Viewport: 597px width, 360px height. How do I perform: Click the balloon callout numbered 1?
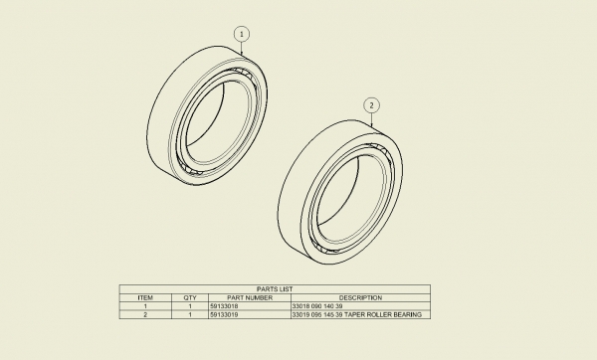click(241, 34)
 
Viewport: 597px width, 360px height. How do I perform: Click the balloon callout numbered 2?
click(371, 104)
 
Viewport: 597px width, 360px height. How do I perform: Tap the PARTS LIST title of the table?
click(275, 289)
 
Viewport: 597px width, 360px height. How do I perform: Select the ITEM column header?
click(145, 297)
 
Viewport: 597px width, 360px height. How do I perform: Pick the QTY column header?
click(190, 297)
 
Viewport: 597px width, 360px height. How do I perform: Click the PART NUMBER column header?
click(249, 297)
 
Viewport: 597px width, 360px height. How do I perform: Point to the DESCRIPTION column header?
click(359, 297)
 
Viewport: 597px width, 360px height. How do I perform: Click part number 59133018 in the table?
click(225, 306)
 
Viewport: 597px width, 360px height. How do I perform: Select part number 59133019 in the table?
click(225, 314)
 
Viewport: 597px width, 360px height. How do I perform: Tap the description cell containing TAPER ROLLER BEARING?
click(356, 314)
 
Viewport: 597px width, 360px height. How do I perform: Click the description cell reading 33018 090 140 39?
click(317, 306)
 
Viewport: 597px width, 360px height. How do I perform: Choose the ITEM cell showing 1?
click(145, 306)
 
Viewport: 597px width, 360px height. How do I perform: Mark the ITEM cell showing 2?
click(145, 314)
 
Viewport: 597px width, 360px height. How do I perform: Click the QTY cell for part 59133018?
click(190, 306)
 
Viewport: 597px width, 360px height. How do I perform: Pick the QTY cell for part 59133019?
click(190, 314)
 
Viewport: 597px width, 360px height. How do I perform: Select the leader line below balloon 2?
click(371, 119)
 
